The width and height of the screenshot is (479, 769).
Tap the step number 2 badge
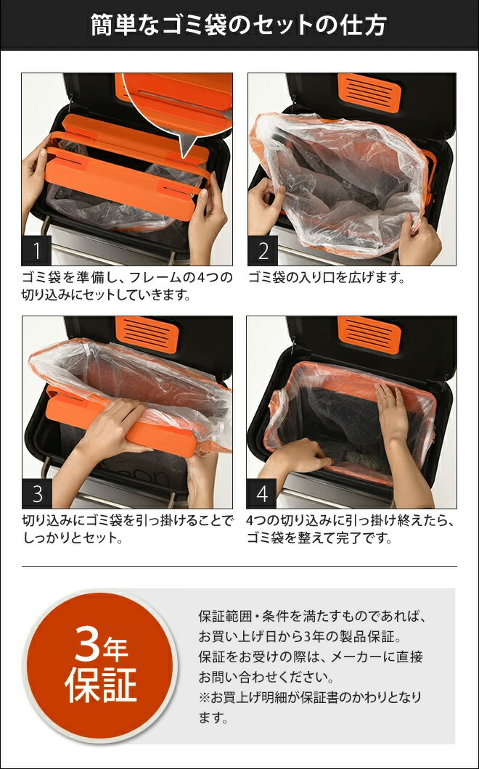coord(263,251)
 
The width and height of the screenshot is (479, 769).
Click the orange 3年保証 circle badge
coord(101,666)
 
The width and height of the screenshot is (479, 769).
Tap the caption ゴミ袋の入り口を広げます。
coord(326,278)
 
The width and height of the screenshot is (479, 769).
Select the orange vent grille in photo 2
coord(369,91)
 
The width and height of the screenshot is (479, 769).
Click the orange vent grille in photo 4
coord(369,334)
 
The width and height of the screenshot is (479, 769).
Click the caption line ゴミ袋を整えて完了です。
coord(319,539)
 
